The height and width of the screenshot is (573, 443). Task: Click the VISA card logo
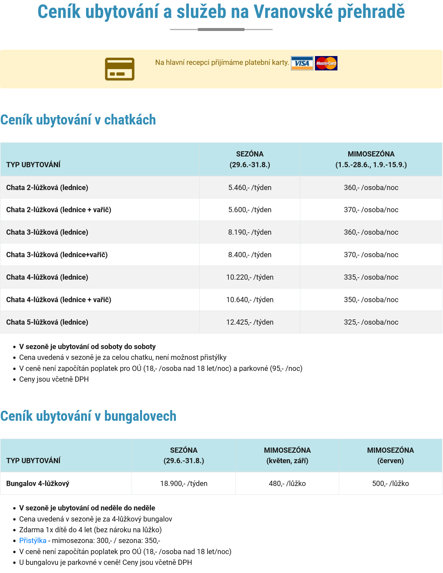tap(302, 63)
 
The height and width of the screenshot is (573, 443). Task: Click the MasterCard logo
tap(326, 63)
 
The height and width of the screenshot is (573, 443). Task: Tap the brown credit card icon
tap(120, 69)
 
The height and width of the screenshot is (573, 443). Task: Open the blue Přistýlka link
tap(33, 540)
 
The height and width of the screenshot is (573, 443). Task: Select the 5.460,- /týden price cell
tap(250, 187)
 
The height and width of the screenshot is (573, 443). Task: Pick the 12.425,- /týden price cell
tap(250, 322)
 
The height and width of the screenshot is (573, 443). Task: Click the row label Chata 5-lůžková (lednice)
tap(47, 322)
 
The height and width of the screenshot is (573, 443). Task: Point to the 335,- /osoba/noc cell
tap(371, 277)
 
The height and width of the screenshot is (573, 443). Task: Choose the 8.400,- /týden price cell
tap(250, 255)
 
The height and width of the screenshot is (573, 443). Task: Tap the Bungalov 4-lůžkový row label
tap(38, 483)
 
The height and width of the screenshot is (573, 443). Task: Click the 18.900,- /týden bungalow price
tap(184, 483)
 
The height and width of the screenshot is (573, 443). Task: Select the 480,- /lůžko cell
tap(287, 483)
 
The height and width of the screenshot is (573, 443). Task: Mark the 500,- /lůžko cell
tap(390, 483)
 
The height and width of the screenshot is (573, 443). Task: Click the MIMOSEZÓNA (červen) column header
tap(390, 455)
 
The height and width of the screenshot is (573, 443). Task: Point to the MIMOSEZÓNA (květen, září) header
tap(287, 455)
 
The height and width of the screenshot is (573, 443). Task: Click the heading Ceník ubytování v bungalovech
tap(88, 416)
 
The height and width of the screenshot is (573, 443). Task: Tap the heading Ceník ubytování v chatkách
tap(78, 120)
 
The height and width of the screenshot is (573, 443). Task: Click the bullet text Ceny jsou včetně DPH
tap(54, 379)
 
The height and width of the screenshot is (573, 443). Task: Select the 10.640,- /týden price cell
tap(250, 300)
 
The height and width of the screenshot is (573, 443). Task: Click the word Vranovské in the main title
tap(293, 12)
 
